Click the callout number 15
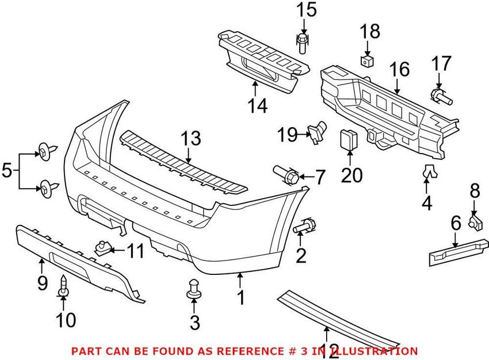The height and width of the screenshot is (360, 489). point(307,10)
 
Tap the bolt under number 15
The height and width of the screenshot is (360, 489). point(302,43)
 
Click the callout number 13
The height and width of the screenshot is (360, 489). point(190,139)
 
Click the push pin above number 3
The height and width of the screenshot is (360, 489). point(194,289)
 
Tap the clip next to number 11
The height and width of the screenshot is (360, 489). point(102,248)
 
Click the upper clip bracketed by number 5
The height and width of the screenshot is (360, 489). point(46,152)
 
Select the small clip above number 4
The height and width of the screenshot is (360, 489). point(427,170)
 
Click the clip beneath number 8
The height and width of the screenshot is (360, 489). point(475,221)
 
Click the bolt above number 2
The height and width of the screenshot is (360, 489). point(305,227)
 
